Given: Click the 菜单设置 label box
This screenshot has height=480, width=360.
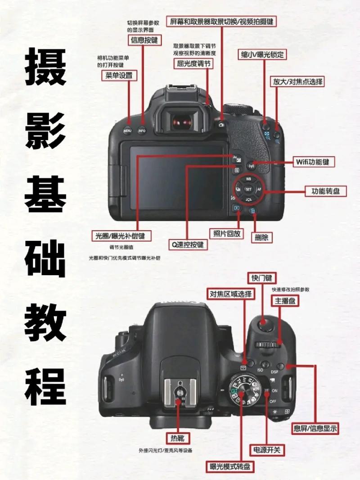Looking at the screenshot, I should [119, 76].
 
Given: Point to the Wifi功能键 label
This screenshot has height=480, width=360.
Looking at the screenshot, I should [315, 162].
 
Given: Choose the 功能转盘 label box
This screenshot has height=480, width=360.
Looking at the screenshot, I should [325, 191].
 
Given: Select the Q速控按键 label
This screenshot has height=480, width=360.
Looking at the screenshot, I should [188, 245].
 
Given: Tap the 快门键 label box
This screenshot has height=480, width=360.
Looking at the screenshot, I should [262, 277].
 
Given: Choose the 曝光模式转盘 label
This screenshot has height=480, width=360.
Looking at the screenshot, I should [230, 466].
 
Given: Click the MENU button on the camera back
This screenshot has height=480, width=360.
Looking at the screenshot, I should [127, 131].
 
